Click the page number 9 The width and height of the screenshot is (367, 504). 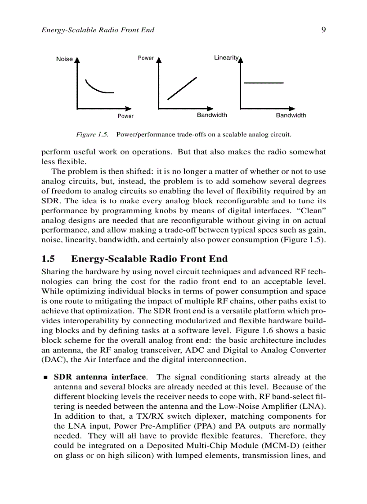pos(323,30)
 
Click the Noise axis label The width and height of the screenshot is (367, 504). pos(64,59)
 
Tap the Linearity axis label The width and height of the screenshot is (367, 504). pos(226,58)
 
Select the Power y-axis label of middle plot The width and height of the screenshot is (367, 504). pos(146,58)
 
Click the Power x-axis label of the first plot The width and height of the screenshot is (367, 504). pos(125,116)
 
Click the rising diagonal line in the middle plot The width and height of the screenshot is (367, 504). pos(182,88)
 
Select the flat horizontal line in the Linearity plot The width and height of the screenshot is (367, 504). pos(263,83)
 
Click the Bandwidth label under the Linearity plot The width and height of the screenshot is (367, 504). pos(291,115)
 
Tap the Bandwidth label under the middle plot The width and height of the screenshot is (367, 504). pos(212,115)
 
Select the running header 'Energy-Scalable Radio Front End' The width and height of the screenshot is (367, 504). pos(98,30)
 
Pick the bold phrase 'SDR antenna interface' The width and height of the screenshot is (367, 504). pos(99,377)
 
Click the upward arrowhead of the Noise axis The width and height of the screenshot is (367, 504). pos(77,59)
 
